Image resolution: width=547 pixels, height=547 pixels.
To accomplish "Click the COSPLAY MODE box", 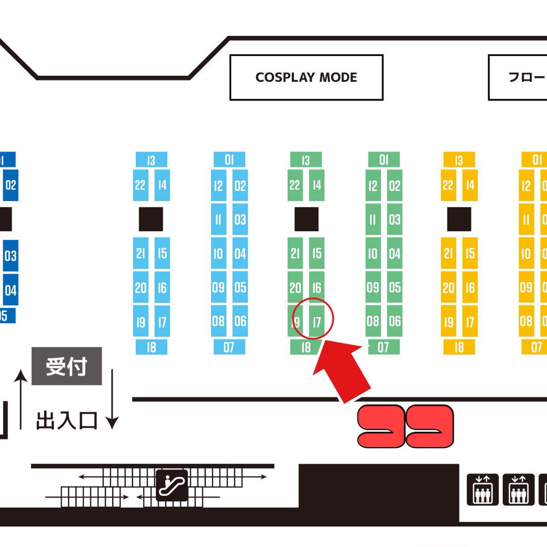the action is coord(306,77).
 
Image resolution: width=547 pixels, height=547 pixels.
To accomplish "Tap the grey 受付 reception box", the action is coord(67,366).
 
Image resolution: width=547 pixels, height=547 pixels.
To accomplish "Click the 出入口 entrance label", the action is coord(67,420).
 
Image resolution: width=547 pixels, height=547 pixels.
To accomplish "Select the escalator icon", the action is coord(172,485).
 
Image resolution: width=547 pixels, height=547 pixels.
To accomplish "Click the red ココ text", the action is coord(405,426).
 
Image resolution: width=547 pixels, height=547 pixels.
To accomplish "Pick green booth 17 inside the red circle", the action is coord(317,322).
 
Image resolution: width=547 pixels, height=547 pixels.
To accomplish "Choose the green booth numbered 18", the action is coord(306,347).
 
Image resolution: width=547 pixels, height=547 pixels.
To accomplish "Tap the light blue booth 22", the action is coord(140,185).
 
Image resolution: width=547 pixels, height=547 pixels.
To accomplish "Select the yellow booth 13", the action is coord(459,160).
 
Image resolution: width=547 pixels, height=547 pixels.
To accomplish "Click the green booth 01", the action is coord(384,160).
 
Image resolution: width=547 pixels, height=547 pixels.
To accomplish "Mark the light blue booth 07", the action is coord(229,347).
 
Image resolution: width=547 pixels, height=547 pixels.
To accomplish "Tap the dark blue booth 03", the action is coord(10,256).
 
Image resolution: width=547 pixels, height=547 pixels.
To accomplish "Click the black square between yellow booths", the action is coord(459,219).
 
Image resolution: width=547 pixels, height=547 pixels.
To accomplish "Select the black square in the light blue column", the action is coord(151,219).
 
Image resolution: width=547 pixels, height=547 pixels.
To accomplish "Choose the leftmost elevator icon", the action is coord(482,489).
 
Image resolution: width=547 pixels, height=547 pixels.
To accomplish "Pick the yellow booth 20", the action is coord(448,288).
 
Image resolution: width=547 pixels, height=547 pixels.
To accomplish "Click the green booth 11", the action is coord(373,220).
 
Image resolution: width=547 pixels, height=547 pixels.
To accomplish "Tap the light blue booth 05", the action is coord(240,288).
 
